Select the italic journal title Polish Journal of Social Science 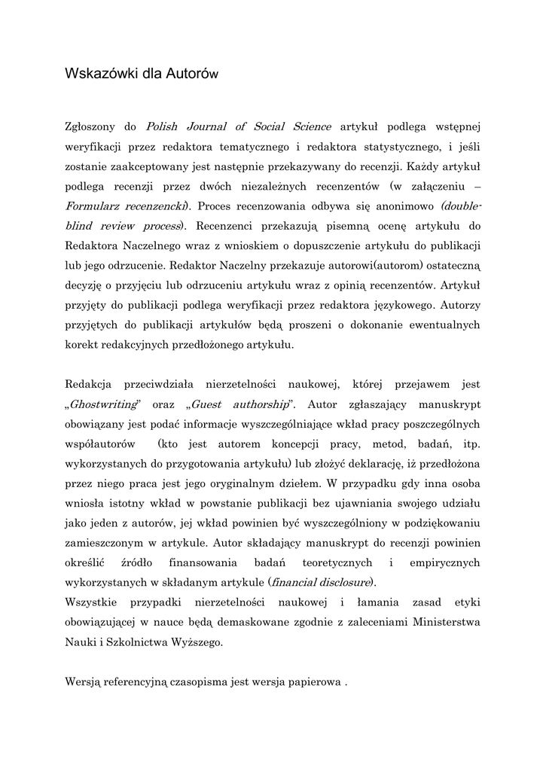[x=238, y=126]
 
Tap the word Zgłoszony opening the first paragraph [x=93, y=126]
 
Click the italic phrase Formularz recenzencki [x=126, y=206]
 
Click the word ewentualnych [x=440, y=326]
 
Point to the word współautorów [x=100, y=444]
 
